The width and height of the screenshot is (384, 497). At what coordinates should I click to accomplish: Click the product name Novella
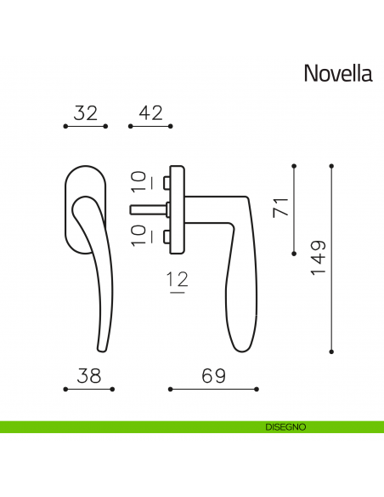pyautogui.click(x=337, y=74)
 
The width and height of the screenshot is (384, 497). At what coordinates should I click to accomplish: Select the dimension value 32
pyautogui.click(x=86, y=112)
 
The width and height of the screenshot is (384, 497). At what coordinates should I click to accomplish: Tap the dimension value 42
pyautogui.click(x=150, y=112)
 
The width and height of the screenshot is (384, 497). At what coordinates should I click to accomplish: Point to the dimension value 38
pyautogui.click(x=88, y=375)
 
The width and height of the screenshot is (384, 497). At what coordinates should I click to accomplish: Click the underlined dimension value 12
pyautogui.click(x=178, y=279)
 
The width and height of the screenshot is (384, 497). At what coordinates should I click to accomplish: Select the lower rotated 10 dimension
pyautogui.click(x=138, y=236)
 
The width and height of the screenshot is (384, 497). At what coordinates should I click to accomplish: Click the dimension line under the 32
pyautogui.click(x=86, y=126)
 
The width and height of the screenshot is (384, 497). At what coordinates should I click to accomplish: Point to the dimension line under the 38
pyautogui.click(x=88, y=389)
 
